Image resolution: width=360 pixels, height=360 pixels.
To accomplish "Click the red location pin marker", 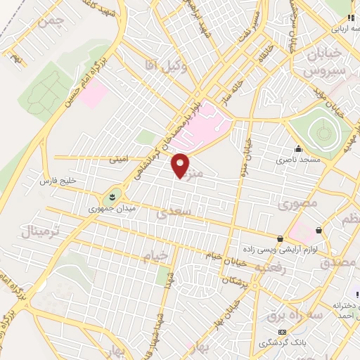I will pos(181,165).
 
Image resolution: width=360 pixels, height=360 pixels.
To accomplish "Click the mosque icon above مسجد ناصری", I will pos(299,148).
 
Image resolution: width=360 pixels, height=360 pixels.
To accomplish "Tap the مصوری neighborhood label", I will pos(297,204).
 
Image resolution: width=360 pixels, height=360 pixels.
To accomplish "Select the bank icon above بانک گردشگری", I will pos(283,331).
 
